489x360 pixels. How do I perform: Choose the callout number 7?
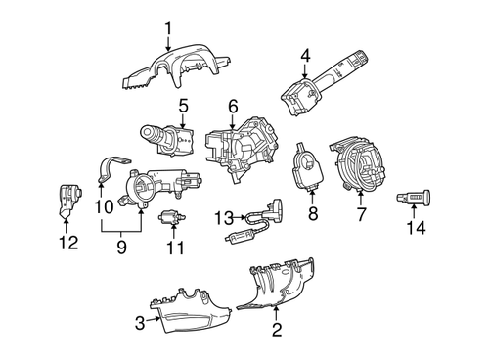(x=361, y=211)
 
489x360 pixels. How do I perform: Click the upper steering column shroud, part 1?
(x=176, y=63)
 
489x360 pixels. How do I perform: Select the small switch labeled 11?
(x=172, y=217)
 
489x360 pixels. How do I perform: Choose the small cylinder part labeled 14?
(x=416, y=200)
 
